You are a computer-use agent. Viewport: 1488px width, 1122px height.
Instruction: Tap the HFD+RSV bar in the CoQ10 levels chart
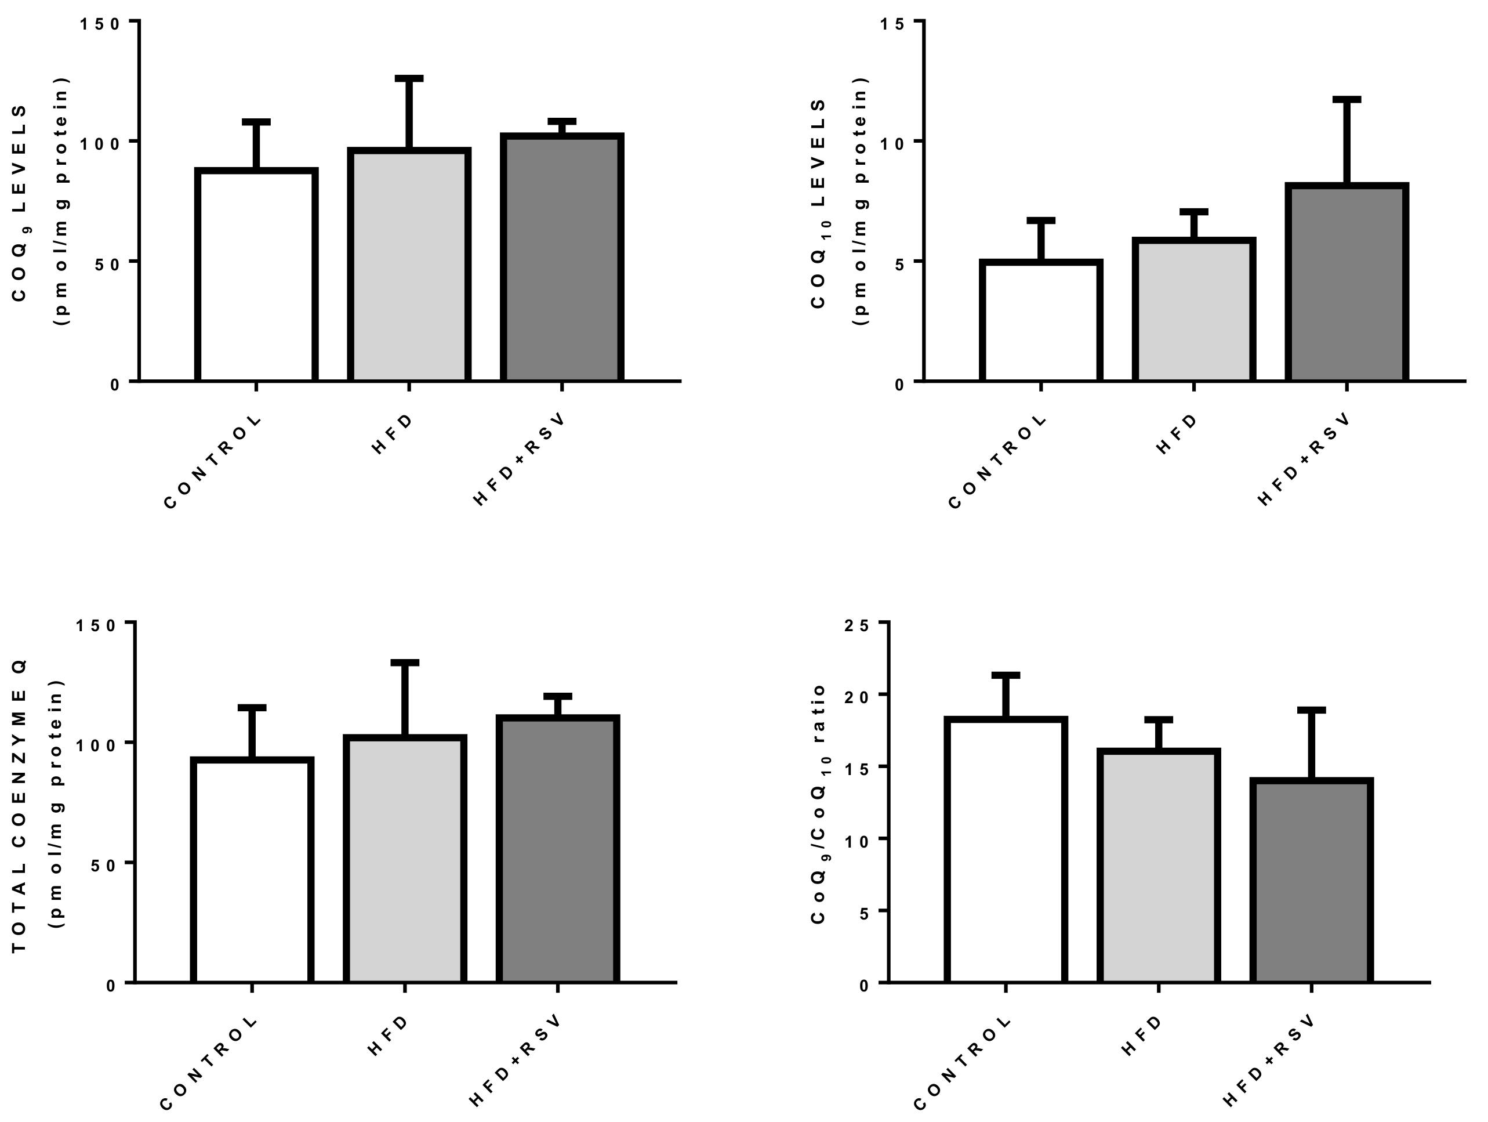tap(1347, 283)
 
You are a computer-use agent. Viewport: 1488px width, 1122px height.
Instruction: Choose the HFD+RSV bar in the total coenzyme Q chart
tap(558, 849)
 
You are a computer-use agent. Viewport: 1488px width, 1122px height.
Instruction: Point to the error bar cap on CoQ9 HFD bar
tap(409, 79)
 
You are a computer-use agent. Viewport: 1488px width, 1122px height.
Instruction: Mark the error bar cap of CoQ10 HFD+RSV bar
tap(1347, 100)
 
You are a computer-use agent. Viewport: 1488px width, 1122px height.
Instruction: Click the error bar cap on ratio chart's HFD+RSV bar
tap(1311, 710)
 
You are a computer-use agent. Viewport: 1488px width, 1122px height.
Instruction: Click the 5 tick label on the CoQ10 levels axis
tap(899, 263)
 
